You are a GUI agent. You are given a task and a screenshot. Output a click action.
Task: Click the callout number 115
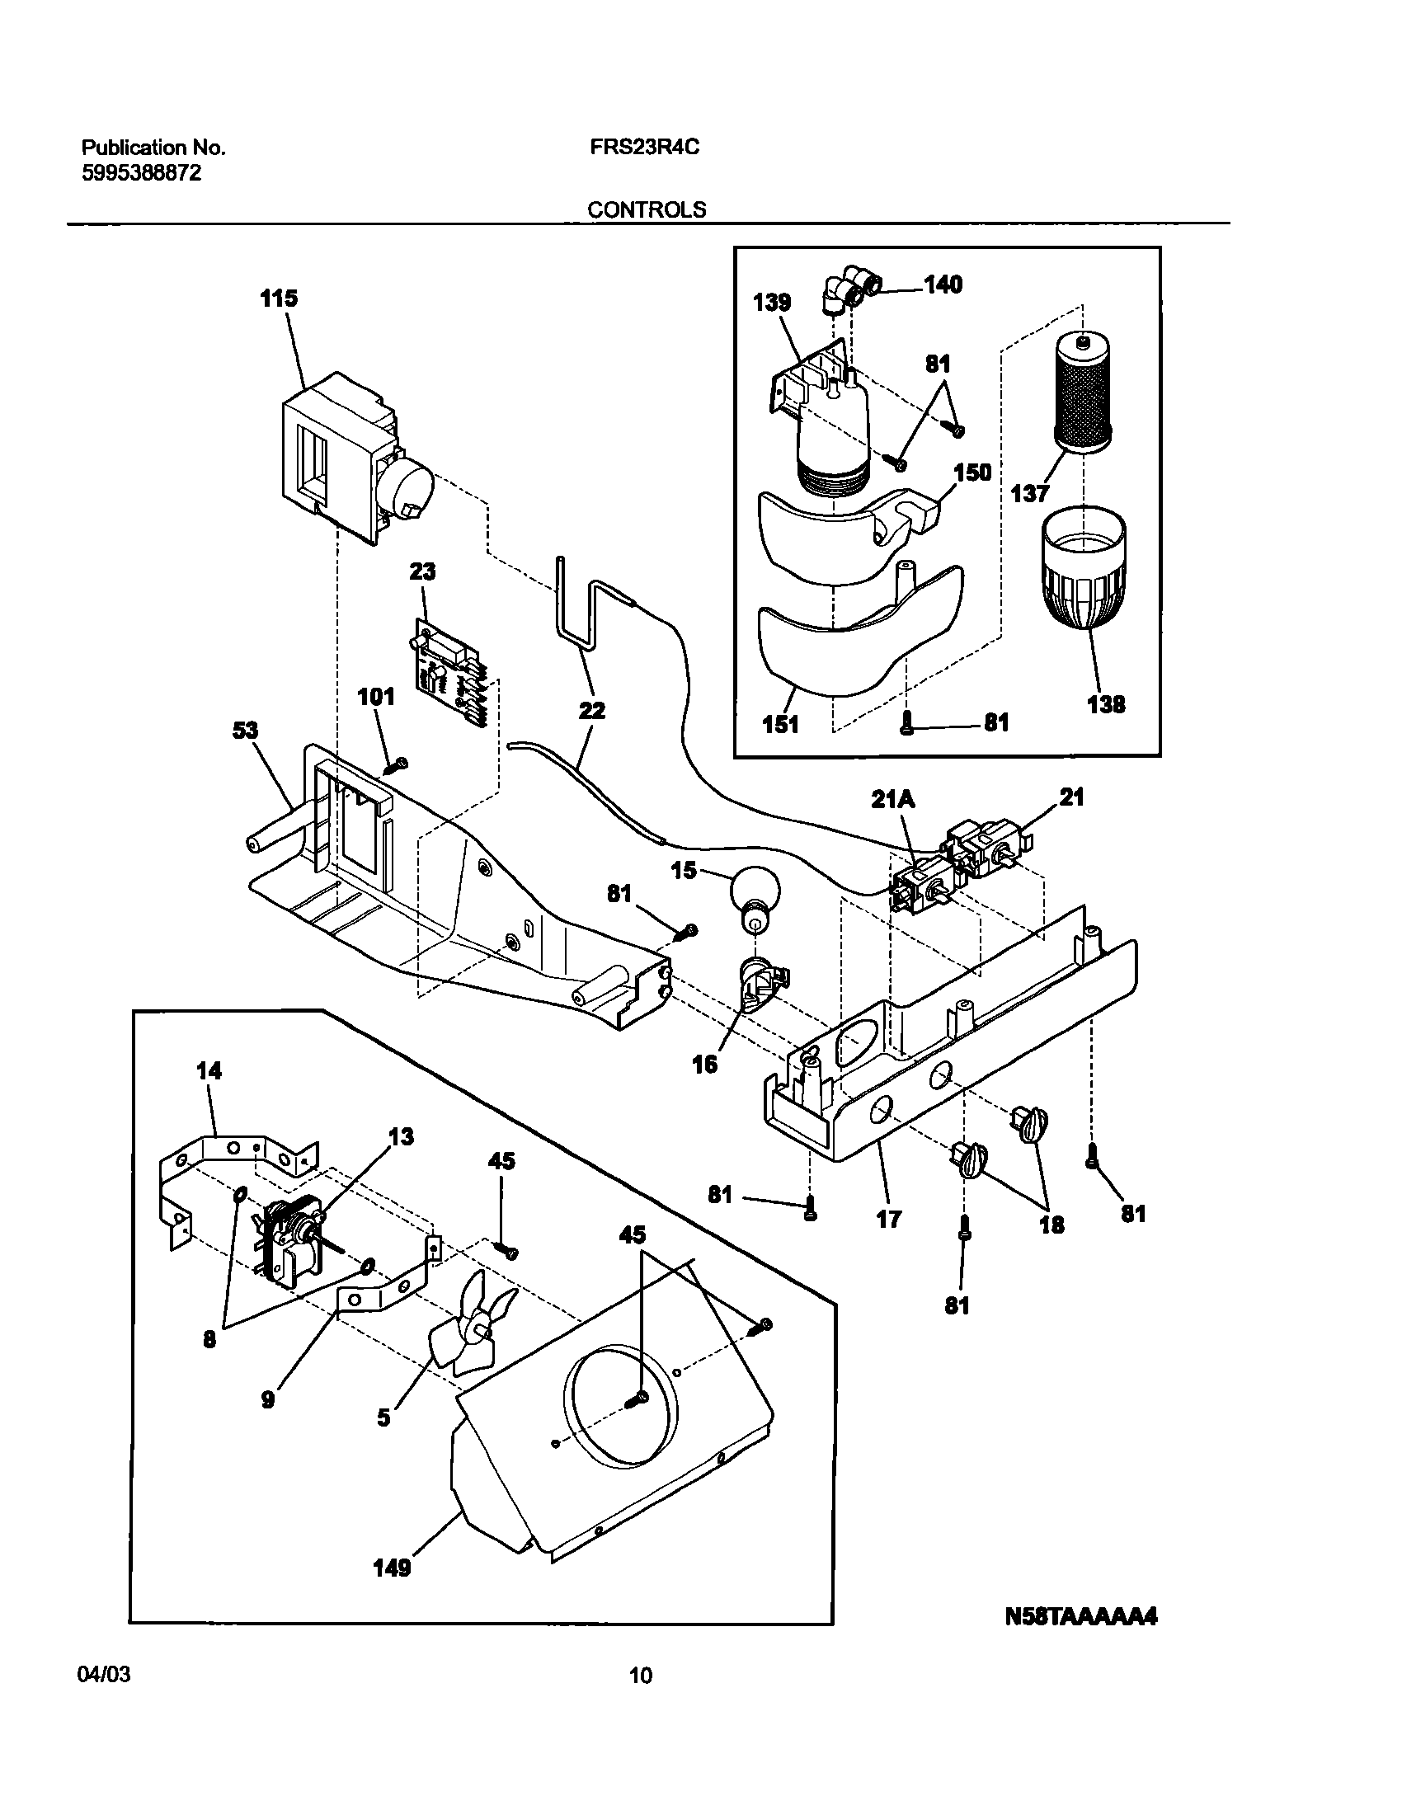[279, 299]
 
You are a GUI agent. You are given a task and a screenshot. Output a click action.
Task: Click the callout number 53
[245, 731]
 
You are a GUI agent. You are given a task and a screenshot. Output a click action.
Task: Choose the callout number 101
[376, 697]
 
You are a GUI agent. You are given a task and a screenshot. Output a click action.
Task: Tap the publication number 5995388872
[141, 173]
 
